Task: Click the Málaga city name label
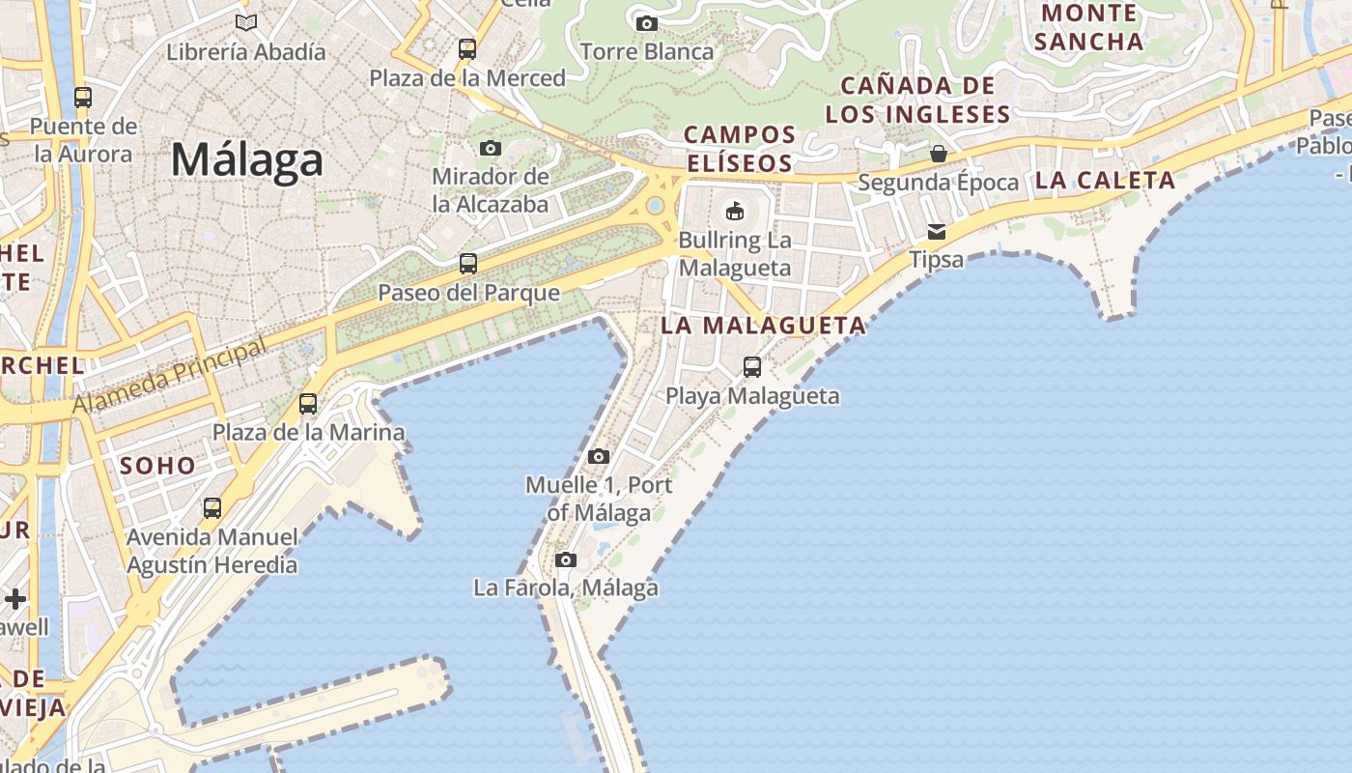coord(246,159)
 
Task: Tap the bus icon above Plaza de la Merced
coord(467,48)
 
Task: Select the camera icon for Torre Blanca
coord(647,23)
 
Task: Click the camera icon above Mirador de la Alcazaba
coord(491,148)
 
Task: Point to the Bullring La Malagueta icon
coord(735,210)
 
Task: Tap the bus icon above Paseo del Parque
coord(468,263)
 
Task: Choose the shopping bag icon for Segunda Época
coord(938,153)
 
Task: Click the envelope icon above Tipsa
coord(937,232)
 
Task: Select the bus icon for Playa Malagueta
coord(752,367)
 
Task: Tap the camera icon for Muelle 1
coord(599,456)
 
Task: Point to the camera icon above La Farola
coord(566,559)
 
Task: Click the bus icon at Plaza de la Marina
coord(308,404)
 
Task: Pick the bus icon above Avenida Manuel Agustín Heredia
coord(212,507)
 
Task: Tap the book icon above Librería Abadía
coord(246,22)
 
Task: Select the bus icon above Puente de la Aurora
coord(83,97)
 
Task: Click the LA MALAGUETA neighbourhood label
coord(763,326)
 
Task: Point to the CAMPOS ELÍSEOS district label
coord(740,149)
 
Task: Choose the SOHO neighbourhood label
coord(157,465)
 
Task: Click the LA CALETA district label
coord(1105,180)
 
